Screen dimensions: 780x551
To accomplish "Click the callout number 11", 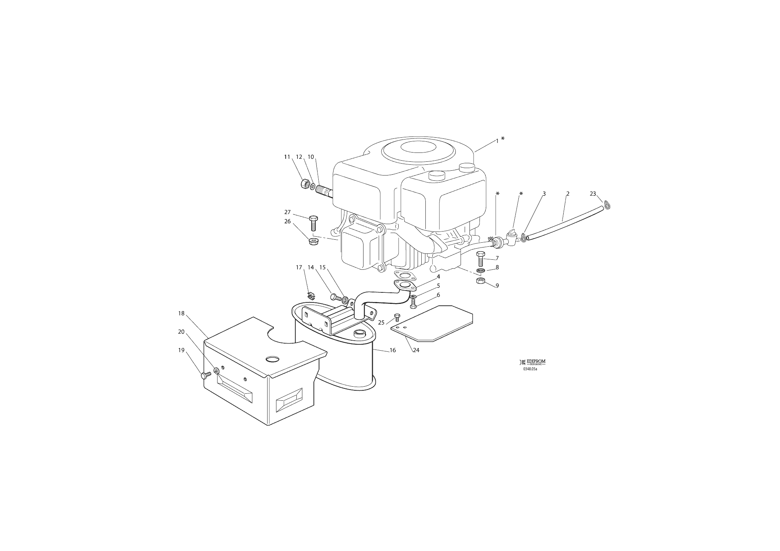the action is pos(287,157).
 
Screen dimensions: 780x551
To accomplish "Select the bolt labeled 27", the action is pos(313,223).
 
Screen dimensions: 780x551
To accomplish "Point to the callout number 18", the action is pos(181,314).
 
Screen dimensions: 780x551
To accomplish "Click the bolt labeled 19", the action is pos(206,375).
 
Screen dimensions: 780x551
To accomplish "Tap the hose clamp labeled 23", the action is pos(607,205).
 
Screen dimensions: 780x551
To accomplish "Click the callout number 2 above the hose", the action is pos(568,194).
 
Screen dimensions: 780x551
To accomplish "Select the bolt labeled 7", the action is pos(481,259).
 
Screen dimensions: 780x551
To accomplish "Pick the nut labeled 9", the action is pos(481,281).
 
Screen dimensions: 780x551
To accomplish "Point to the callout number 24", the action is pos(416,350).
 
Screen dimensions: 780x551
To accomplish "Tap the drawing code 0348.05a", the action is pos(530,369).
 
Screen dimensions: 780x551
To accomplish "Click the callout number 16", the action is pos(393,350).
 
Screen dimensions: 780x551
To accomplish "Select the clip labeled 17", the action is pos(311,295).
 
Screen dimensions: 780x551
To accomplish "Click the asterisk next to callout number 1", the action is pos(502,138).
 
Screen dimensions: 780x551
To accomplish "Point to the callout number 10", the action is pos(311,157).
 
